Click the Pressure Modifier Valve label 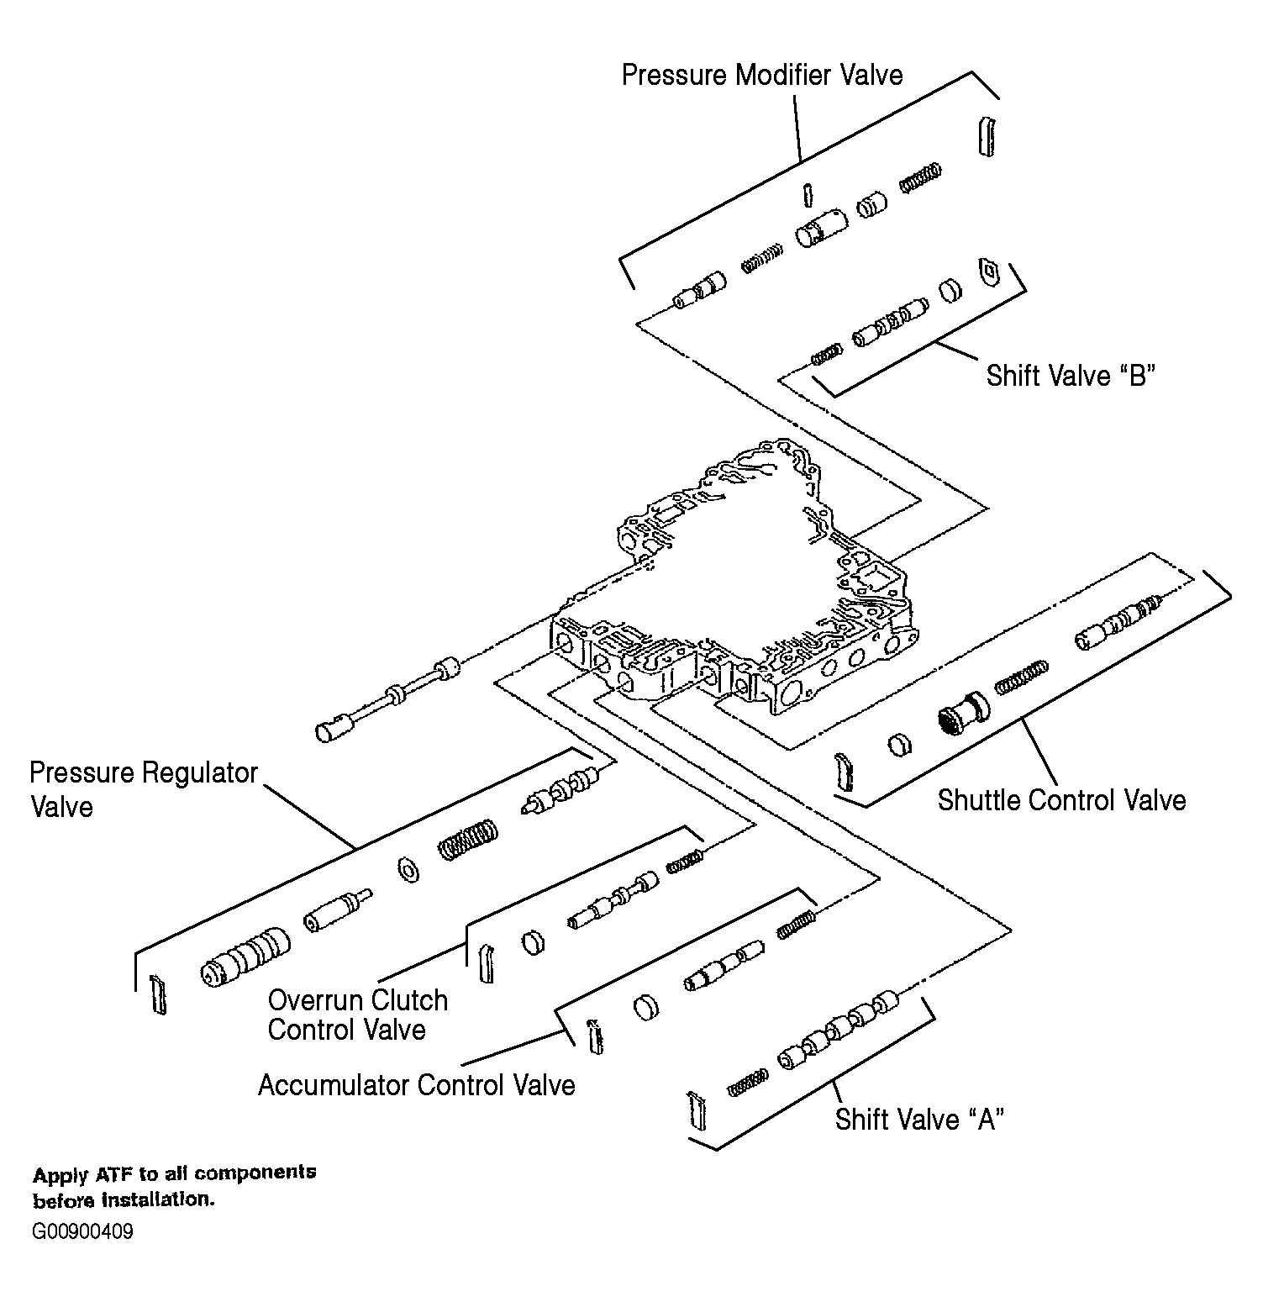[761, 75]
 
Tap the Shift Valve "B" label [1071, 375]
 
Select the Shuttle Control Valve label [1061, 799]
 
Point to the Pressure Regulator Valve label [143, 789]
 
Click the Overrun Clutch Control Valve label [357, 1015]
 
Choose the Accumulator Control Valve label [416, 1085]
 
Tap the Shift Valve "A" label [919, 1119]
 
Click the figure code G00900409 [82, 1232]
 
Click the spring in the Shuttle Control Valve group [1021, 677]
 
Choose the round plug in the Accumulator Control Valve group [645, 1007]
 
